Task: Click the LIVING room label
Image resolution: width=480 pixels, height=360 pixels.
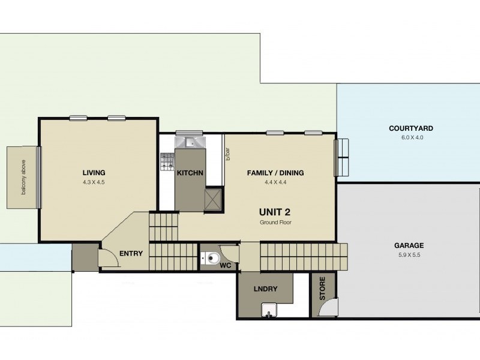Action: (x=94, y=172)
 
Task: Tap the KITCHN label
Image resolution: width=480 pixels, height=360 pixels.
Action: (x=190, y=173)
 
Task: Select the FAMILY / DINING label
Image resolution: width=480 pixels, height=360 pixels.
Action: (x=275, y=173)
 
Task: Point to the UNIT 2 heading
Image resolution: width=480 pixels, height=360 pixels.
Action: (x=275, y=211)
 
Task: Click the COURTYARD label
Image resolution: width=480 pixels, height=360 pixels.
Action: (x=410, y=128)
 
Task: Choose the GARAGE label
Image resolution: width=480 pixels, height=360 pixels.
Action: (x=409, y=245)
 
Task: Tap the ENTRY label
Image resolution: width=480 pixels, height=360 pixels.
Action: (x=131, y=253)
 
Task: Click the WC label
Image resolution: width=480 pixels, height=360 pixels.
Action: (x=226, y=265)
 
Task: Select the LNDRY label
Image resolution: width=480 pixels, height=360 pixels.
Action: (x=265, y=289)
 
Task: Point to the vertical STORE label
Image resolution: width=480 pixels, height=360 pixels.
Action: (x=322, y=289)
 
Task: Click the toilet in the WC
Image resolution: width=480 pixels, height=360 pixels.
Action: (x=210, y=259)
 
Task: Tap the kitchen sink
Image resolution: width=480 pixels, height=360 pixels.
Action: (x=190, y=142)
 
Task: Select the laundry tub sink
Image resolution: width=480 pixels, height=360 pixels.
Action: (x=269, y=310)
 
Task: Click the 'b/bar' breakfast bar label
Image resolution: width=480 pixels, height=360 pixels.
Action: (x=228, y=154)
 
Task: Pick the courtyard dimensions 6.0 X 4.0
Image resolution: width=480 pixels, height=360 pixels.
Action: (x=410, y=137)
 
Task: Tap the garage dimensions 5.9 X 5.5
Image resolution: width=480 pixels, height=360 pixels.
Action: (x=409, y=254)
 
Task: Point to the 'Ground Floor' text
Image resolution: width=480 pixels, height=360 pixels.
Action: (x=275, y=222)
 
